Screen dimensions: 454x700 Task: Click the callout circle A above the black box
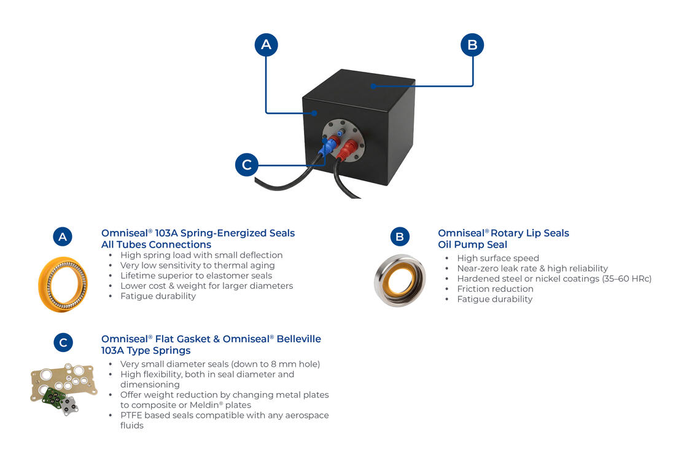coord(266,44)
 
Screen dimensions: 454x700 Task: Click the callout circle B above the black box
coord(472,44)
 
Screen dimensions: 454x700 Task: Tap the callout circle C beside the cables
coord(247,165)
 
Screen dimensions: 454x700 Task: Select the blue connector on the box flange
coord(330,145)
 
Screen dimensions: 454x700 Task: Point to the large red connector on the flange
coord(348,148)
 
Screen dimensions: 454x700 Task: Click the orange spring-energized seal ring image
coord(63,284)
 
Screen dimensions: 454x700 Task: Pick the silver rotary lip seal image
coord(400,280)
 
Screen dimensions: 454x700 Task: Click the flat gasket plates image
coord(63,389)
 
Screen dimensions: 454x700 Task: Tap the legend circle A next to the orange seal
coord(63,237)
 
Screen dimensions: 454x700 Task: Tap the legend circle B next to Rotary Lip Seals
coord(400,237)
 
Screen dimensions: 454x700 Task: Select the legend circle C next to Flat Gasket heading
coord(63,342)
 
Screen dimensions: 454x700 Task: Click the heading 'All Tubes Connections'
coord(156,245)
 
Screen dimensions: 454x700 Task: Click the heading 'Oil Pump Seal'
coord(472,245)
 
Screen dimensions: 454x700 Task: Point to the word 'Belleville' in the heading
coord(298,339)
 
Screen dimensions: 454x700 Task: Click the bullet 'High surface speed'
coord(498,258)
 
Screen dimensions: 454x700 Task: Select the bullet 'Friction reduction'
coord(495,289)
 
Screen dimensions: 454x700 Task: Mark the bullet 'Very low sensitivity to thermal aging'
coord(197,265)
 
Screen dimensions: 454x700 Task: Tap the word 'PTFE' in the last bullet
coord(133,415)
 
